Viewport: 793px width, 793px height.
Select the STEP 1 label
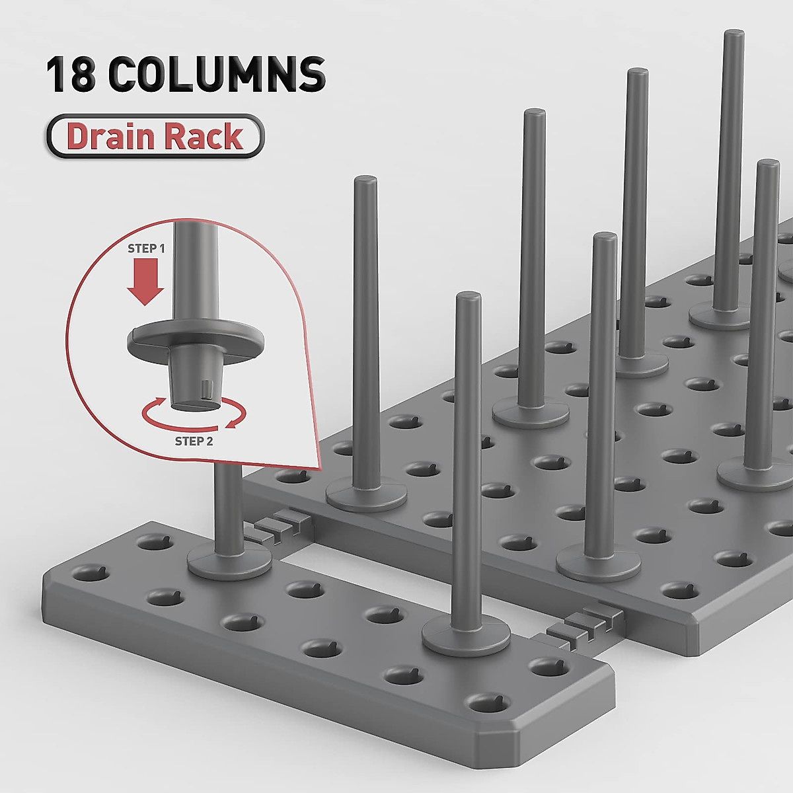146,249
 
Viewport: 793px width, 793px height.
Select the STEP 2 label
194,442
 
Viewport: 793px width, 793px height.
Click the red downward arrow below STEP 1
145,283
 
